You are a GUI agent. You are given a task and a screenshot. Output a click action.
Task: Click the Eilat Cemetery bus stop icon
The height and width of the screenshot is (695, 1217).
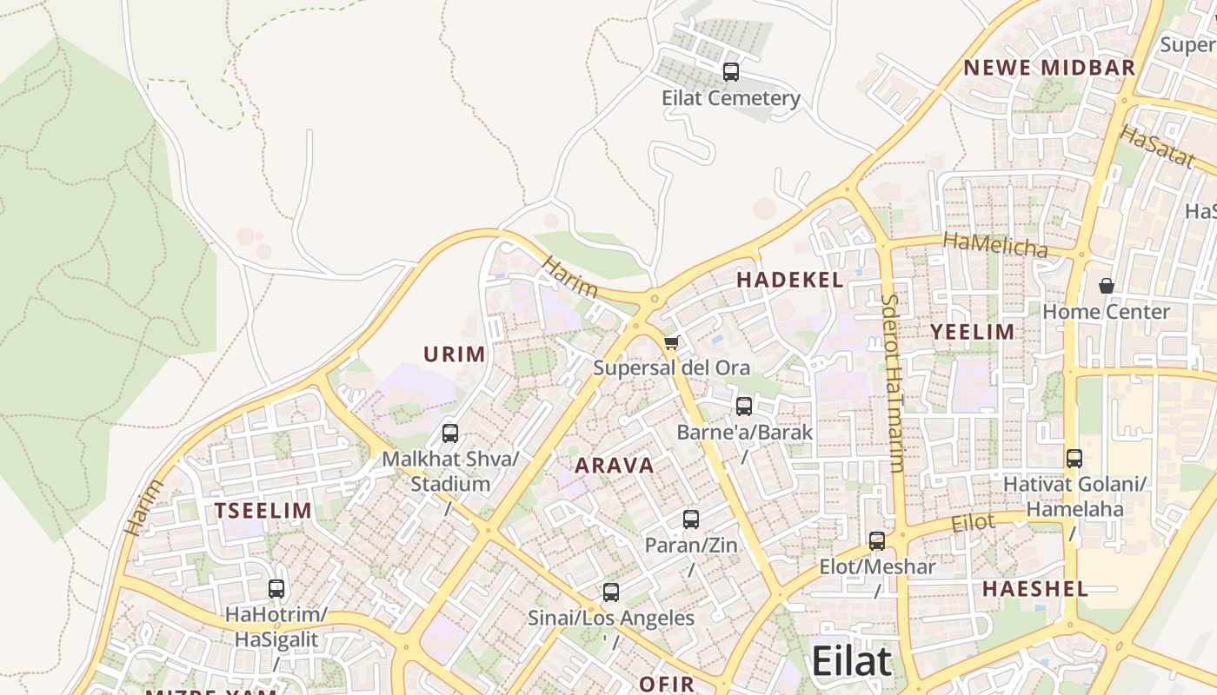click(x=731, y=72)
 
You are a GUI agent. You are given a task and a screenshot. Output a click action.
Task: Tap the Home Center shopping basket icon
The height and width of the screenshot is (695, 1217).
click(x=1107, y=286)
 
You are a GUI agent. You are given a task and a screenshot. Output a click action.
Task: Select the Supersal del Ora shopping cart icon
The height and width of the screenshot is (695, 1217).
click(x=670, y=343)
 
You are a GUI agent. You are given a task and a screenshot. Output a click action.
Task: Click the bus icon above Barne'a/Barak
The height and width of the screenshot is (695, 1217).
click(x=744, y=406)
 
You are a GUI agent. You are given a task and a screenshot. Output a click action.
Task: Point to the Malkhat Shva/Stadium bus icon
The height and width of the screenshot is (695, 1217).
click(x=450, y=433)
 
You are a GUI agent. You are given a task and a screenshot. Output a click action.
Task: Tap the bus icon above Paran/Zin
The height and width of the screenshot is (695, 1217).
click(x=691, y=520)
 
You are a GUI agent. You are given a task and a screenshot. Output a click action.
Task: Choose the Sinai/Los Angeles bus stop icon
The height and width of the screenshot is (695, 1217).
click(x=611, y=592)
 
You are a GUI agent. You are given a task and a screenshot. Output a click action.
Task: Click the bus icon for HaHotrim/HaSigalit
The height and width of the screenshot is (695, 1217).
click(x=276, y=589)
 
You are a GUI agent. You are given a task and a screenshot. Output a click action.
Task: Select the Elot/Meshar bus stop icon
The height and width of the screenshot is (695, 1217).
click(x=877, y=541)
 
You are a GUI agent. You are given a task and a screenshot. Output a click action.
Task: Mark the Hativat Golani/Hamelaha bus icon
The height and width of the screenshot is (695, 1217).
click(x=1074, y=459)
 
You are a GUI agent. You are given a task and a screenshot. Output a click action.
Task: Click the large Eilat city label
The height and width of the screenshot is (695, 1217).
click(x=851, y=662)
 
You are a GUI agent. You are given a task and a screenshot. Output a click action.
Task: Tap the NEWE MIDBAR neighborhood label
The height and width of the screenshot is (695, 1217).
click(x=1049, y=68)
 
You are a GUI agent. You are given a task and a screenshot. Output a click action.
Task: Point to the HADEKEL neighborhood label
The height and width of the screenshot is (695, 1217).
click(x=789, y=280)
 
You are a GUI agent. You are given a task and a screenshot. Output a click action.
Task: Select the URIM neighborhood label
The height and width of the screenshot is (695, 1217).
click(x=455, y=354)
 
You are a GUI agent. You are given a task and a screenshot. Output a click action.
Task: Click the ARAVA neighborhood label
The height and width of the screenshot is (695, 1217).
click(x=615, y=465)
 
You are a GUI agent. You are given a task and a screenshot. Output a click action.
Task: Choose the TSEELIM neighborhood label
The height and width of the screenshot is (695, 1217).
click(x=263, y=511)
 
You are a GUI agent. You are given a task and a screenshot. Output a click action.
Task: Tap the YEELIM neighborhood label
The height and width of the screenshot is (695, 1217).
click(x=973, y=332)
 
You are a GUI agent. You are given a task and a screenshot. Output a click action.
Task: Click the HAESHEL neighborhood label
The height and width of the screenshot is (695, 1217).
click(x=1034, y=589)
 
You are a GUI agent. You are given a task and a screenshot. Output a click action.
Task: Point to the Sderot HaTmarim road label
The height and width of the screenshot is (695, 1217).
click(x=893, y=382)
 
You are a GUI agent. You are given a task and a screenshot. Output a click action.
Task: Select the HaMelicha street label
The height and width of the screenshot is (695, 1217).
click(x=995, y=245)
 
